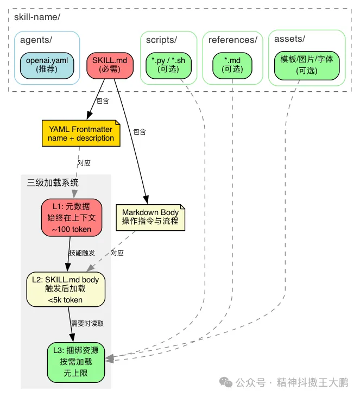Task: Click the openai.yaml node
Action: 47,65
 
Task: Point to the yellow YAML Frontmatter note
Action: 81,134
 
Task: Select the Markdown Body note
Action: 150,217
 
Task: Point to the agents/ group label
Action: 36,40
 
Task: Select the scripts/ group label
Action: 162,40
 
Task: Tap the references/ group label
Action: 233,40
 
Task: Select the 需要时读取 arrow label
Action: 87,323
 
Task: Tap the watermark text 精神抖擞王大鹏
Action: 312,382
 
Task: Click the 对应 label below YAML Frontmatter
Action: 84,162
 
